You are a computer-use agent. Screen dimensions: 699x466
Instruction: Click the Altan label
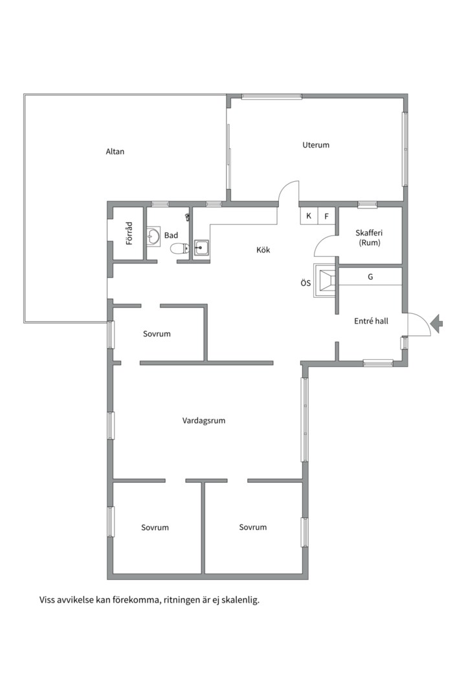point(115,152)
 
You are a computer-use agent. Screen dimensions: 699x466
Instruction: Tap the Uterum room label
point(316,145)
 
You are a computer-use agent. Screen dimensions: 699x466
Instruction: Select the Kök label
point(263,250)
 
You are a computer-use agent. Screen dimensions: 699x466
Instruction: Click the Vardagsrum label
point(204,421)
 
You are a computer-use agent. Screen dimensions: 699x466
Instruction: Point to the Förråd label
point(129,233)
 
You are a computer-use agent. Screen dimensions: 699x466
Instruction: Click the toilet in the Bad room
point(177,248)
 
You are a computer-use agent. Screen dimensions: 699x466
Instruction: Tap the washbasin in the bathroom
point(153,237)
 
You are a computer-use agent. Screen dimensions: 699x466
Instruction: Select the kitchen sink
point(201,247)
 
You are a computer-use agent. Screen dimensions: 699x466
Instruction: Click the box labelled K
point(309,216)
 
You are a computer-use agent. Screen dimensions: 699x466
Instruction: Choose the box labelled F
point(327,216)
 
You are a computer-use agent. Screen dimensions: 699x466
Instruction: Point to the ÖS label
point(305,283)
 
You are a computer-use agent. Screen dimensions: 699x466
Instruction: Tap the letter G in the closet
point(370,277)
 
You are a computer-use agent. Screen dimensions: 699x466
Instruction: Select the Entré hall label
point(371,321)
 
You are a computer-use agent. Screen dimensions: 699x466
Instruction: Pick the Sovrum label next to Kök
point(157,334)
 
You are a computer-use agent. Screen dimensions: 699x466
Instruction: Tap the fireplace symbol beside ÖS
point(324,282)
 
